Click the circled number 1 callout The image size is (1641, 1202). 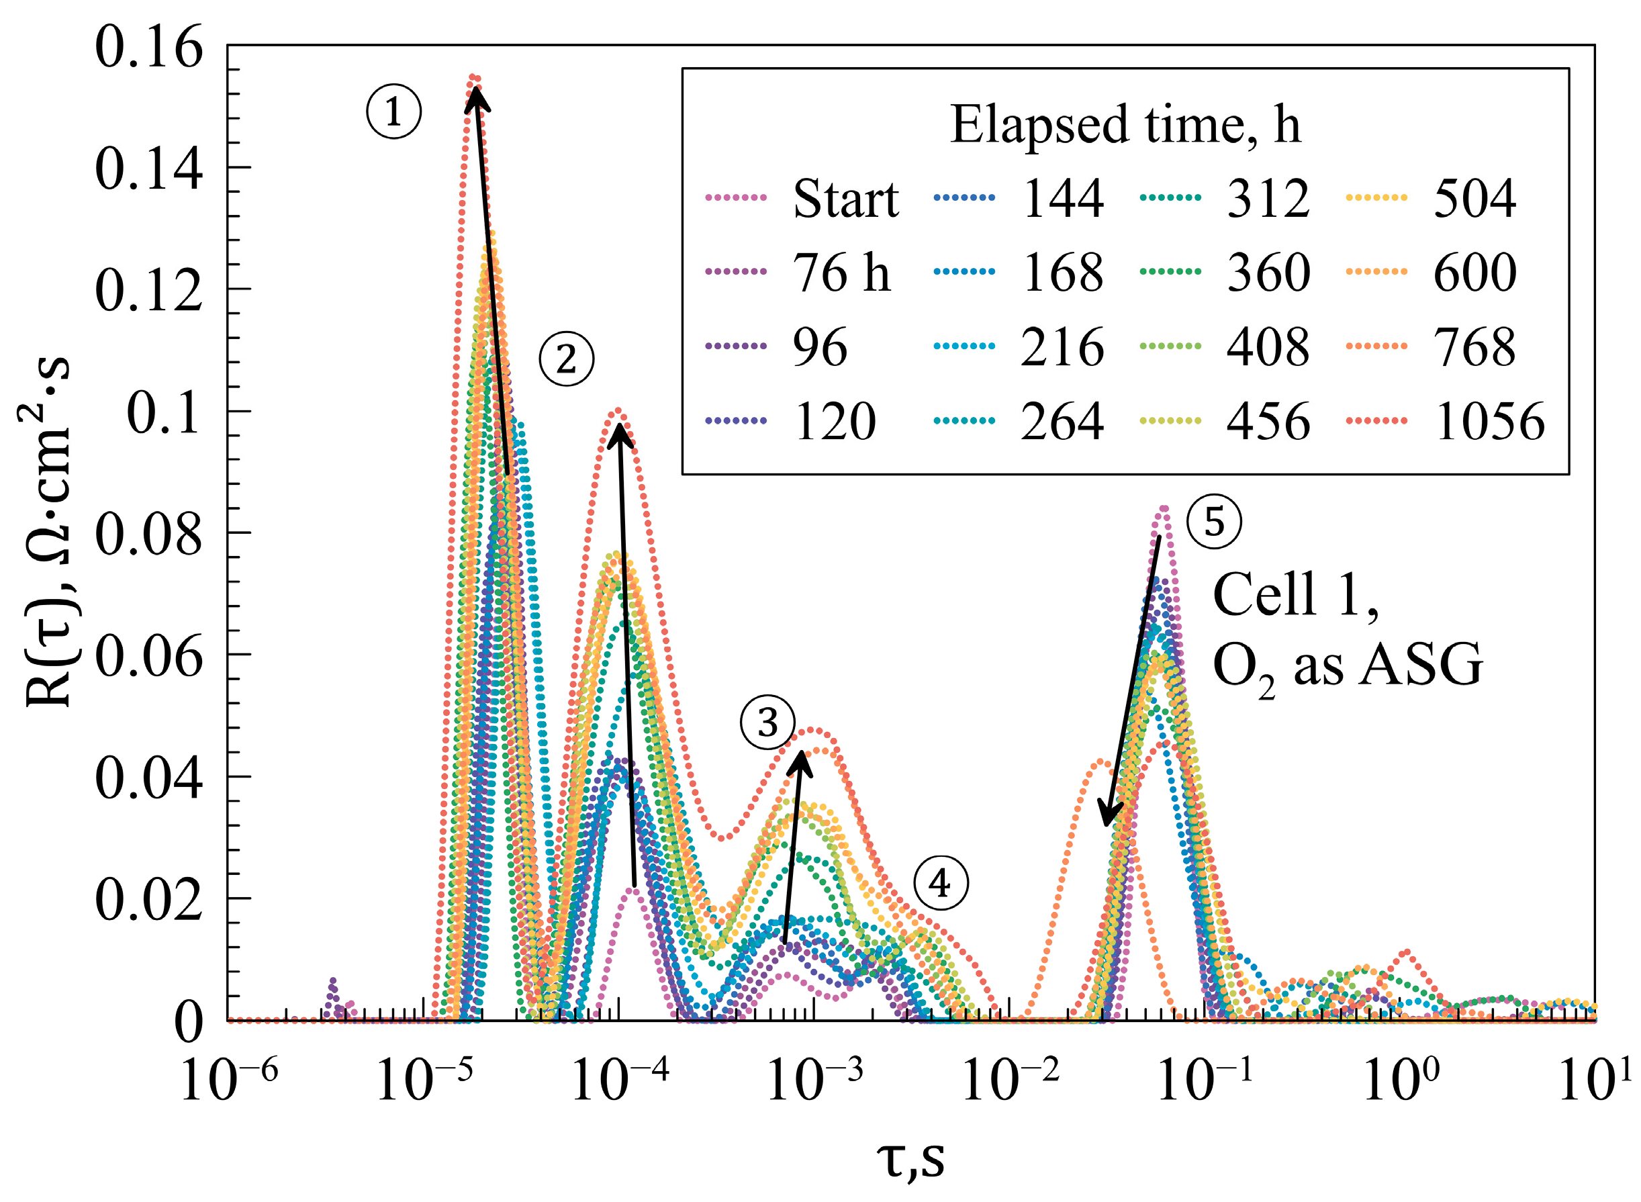click(393, 112)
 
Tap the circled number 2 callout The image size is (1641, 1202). click(566, 359)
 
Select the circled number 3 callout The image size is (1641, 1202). click(767, 723)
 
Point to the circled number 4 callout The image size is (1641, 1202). click(941, 883)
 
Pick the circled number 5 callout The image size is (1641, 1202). click(1214, 522)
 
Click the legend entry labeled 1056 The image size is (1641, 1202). click(1488, 421)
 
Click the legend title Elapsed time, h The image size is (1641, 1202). click(1125, 124)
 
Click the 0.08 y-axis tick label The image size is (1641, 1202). click(148, 534)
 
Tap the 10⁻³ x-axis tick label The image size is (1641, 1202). click(814, 1079)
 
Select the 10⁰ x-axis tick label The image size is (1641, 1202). click(1401, 1079)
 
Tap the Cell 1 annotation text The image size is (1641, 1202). click(1295, 594)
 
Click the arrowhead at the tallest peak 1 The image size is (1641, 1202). click(475, 96)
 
